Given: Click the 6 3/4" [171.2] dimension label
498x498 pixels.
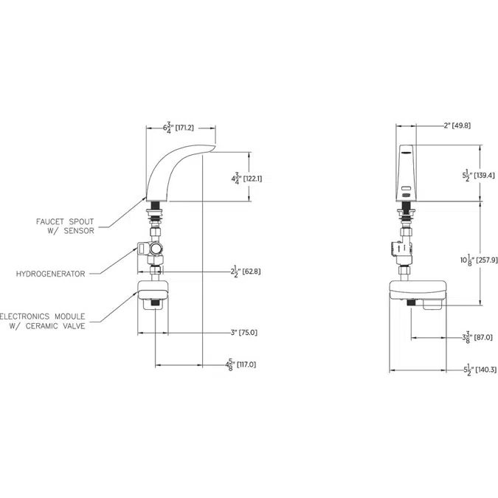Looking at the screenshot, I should (x=178, y=128).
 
